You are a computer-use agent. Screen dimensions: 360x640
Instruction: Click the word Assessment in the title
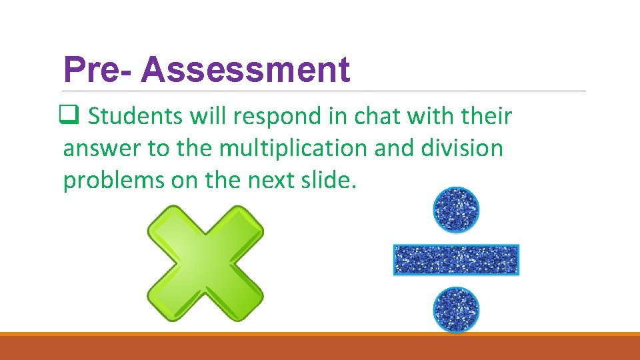[x=245, y=70]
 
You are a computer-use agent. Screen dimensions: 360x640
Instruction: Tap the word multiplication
[x=293, y=148]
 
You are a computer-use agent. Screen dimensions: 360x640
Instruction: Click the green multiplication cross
[x=205, y=263]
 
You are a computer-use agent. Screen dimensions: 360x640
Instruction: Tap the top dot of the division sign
[x=456, y=211]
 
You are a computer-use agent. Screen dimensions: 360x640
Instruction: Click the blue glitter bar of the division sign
[x=456, y=260]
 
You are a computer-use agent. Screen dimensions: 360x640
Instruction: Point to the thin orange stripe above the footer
[x=320, y=334]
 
